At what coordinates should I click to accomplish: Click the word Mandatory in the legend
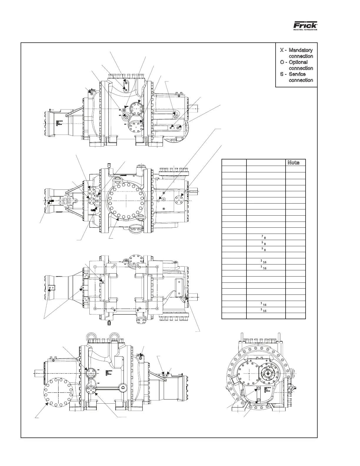pyautogui.click(x=301, y=50)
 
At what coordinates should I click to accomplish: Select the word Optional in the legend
pyautogui.click(x=298, y=62)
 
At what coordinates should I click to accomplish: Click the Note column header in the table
pyautogui.click(x=293, y=162)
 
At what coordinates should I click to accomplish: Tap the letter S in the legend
pyautogui.click(x=282, y=74)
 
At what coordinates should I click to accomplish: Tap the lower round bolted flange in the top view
pyautogui.click(x=136, y=127)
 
